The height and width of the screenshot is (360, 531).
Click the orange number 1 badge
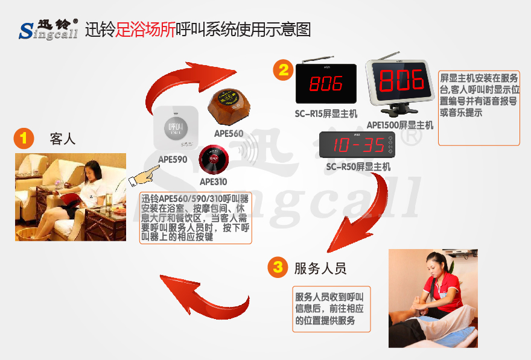click(24, 139)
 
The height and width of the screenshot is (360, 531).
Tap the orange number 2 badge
click(282, 70)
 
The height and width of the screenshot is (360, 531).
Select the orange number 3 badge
click(277, 267)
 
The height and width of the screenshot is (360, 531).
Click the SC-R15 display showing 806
click(326, 83)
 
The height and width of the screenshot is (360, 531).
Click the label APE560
click(228, 133)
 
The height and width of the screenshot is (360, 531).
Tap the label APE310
click(214, 182)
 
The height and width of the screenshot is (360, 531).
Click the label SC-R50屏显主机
click(358, 166)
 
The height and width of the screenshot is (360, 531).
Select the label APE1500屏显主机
click(400, 125)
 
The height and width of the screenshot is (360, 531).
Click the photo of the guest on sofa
click(71, 197)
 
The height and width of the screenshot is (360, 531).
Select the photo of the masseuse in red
click(433, 298)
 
